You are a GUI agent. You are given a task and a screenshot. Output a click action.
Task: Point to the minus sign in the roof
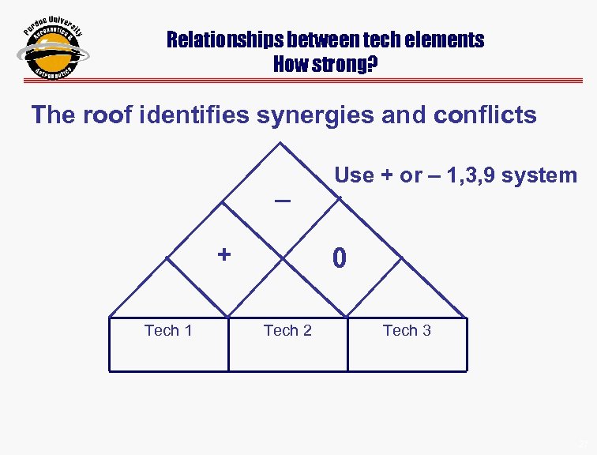pyautogui.click(x=282, y=201)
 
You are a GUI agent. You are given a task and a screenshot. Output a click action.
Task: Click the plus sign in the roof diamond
pyautogui.click(x=224, y=254)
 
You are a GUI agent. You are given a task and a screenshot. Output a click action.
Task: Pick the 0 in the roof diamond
pyautogui.click(x=339, y=258)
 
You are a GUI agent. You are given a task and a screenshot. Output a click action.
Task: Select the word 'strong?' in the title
pyautogui.click(x=347, y=64)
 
